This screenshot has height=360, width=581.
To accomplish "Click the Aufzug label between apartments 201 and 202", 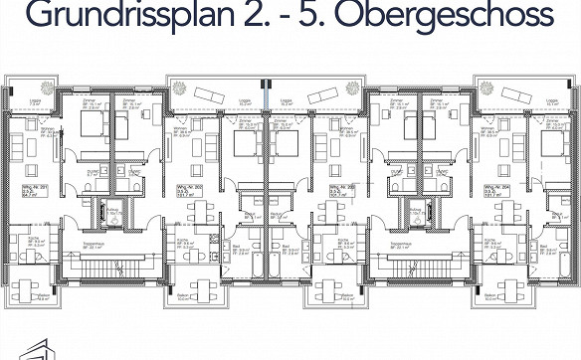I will pos(113,208).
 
